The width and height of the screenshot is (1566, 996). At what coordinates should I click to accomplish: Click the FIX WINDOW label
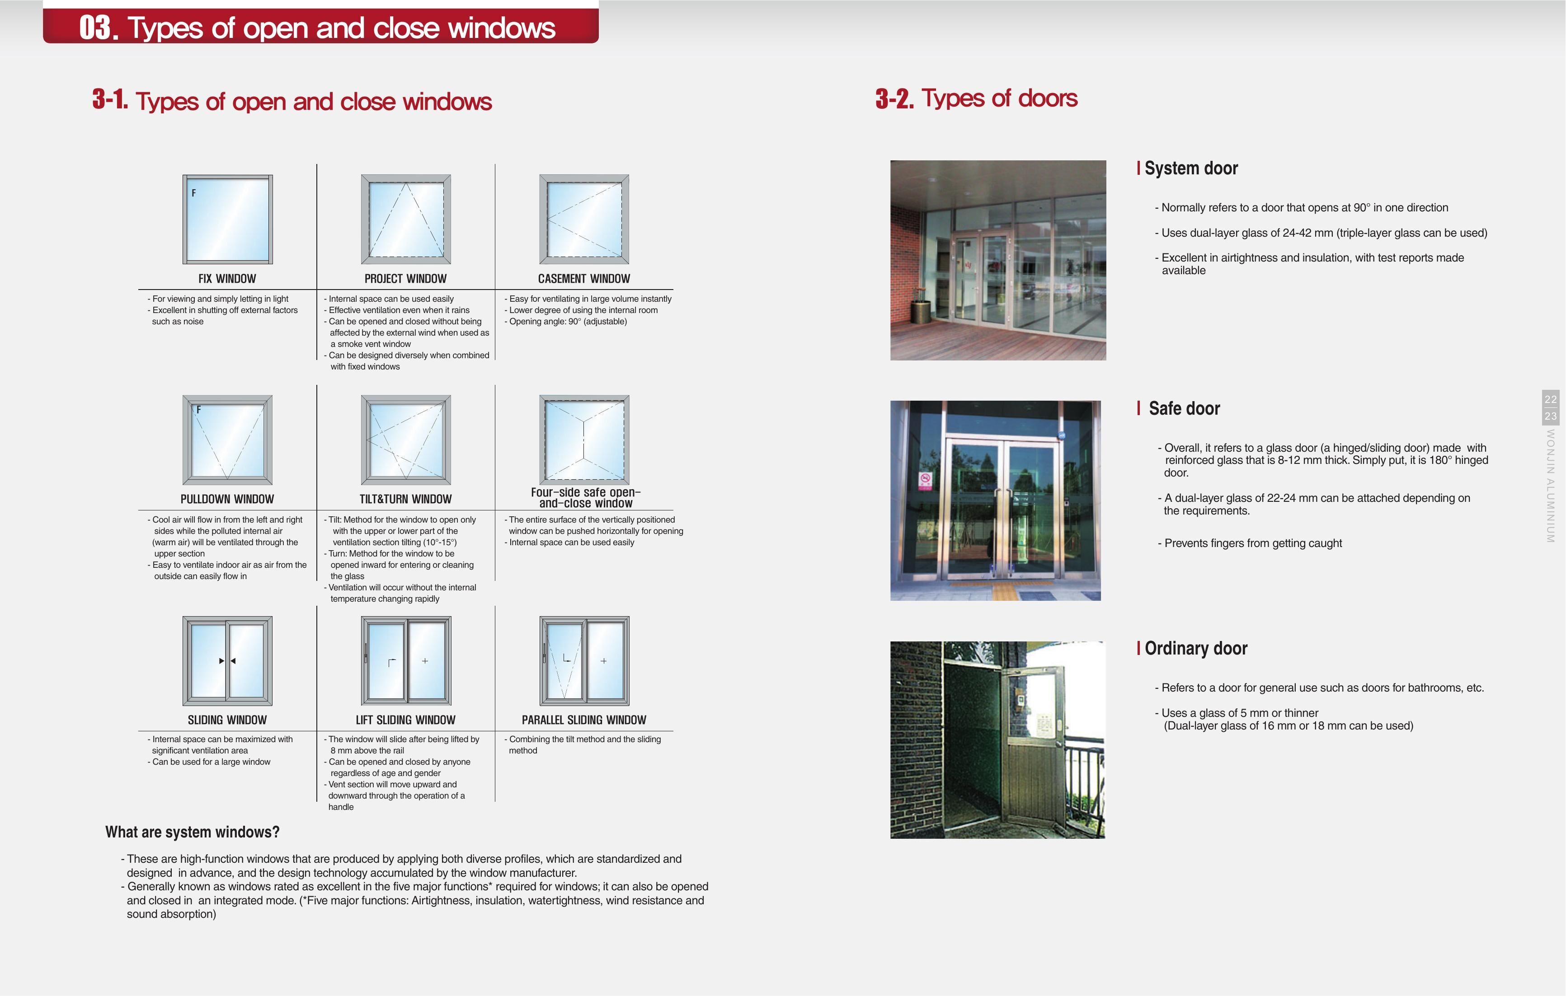[x=227, y=278]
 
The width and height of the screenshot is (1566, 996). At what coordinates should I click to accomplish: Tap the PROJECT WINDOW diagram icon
[x=406, y=219]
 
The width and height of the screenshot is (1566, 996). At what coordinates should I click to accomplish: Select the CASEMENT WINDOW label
[x=583, y=278]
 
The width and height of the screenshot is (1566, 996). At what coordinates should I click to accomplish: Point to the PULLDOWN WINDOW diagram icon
[x=227, y=440]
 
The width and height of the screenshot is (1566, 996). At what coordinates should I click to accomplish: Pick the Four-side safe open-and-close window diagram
[x=584, y=440]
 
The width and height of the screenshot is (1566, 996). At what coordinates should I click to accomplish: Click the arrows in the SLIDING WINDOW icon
[x=227, y=660]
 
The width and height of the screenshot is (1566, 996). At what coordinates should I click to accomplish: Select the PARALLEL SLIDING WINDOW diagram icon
[x=584, y=660]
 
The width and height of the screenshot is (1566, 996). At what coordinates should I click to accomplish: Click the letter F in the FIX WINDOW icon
[x=193, y=193]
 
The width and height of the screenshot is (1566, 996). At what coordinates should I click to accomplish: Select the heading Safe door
[x=1184, y=408]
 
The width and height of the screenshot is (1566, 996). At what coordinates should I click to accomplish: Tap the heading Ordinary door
[x=1195, y=648]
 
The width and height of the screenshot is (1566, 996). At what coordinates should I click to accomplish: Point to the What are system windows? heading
[x=193, y=832]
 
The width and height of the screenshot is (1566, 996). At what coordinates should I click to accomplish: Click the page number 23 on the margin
[x=1550, y=416]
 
